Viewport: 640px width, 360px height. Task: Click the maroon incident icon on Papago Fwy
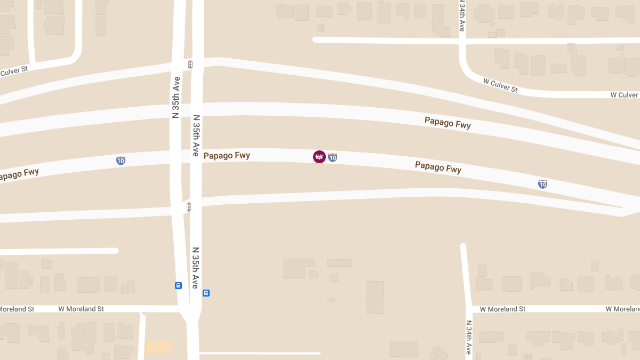tap(319, 157)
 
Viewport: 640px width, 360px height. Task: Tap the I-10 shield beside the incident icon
tap(332, 157)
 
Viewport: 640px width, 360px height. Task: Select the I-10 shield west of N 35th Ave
tap(121, 160)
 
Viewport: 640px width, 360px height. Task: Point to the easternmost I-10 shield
tap(542, 184)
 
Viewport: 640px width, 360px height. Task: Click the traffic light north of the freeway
tap(190, 65)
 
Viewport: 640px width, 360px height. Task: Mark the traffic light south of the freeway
tap(188, 207)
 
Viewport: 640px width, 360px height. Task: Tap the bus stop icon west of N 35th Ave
tap(178, 285)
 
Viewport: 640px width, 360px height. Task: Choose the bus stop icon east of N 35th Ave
tap(206, 293)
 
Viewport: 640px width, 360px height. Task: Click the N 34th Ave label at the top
tap(462, 15)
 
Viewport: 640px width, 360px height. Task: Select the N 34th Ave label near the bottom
tap(468, 338)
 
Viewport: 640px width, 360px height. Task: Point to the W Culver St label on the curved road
tap(500, 85)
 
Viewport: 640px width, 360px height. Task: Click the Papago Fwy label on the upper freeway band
tap(447, 123)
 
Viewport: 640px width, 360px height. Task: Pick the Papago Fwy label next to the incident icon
tap(227, 156)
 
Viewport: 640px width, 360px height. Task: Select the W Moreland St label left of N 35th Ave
tap(81, 309)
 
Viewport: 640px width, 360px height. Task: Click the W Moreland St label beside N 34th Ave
tap(502, 309)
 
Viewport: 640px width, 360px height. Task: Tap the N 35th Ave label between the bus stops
tap(196, 268)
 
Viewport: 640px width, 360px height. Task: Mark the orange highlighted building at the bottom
tap(159, 347)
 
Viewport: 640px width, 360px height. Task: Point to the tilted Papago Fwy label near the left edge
tap(19, 174)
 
